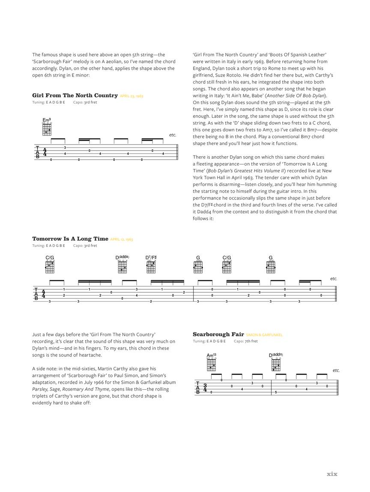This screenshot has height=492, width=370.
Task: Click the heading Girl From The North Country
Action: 75,95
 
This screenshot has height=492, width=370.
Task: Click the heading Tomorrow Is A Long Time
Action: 70,239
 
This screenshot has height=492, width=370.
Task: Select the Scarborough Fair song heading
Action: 218,334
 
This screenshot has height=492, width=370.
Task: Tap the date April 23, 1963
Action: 131,96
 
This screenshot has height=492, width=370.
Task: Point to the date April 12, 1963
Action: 122,240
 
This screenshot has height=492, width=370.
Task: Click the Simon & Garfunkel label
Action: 264,335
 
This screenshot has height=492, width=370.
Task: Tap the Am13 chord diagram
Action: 211,364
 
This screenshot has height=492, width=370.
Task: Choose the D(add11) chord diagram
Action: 276,364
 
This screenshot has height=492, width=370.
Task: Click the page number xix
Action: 332,474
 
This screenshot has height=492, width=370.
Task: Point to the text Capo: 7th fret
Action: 246,341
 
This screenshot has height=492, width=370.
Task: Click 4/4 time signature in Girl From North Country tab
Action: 45,153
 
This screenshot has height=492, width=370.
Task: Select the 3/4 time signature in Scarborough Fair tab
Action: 205,388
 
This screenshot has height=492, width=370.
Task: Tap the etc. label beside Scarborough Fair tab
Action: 336,370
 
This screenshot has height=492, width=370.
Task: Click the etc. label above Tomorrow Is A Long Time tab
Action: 334,279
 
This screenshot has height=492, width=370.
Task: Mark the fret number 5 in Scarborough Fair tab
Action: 276,392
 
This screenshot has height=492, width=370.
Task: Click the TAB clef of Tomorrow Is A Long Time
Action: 36,294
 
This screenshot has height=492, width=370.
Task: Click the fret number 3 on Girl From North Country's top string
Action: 65,148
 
